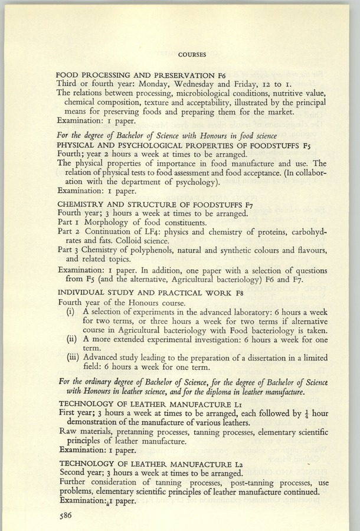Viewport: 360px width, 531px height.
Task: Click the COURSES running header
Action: tap(191, 55)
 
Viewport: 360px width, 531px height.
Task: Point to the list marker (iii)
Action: tap(74, 357)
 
